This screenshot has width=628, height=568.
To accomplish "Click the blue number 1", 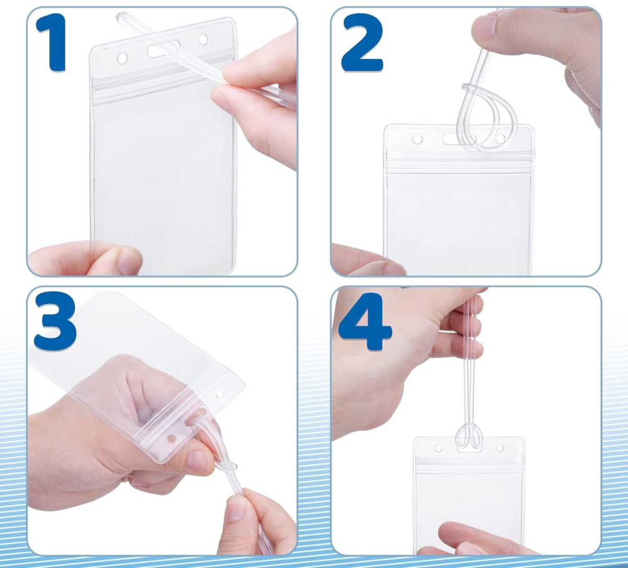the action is (x=52, y=42).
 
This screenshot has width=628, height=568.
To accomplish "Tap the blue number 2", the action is (x=362, y=43).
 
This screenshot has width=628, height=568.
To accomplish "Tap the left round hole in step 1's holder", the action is (x=122, y=58).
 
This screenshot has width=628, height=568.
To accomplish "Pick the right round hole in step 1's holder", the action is (x=203, y=39).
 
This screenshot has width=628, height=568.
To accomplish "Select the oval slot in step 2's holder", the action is (x=455, y=139).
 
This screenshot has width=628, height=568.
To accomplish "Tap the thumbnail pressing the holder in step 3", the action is (x=198, y=462).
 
